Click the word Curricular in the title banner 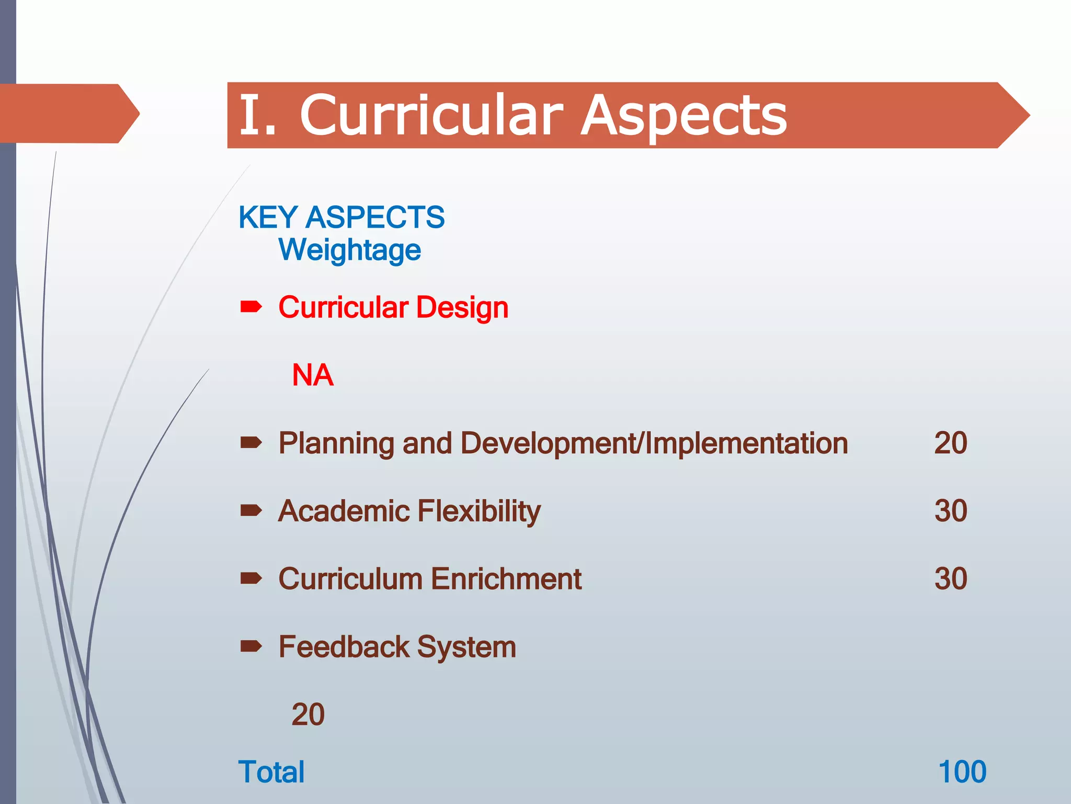(x=431, y=115)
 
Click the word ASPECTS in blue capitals (x=375, y=217)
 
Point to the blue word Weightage (x=349, y=250)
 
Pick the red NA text (x=312, y=375)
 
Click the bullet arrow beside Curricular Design (x=251, y=306)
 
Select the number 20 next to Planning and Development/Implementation (x=950, y=443)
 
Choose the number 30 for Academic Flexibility (x=950, y=511)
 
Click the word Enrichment (x=506, y=579)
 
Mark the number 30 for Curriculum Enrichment (x=950, y=579)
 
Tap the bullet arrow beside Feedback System (x=251, y=646)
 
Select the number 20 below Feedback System (x=308, y=714)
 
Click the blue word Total (x=271, y=772)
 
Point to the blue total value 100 (x=962, y=772)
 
